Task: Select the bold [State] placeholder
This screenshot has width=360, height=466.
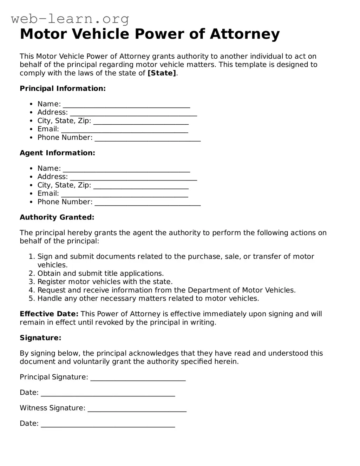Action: coord(162,73)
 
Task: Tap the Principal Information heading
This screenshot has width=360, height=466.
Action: coord(63,88)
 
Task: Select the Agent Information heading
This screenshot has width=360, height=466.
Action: coord(57,153)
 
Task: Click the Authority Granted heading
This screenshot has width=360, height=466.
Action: coord(57,217)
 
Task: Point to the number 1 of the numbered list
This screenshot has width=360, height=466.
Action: coord(31,257)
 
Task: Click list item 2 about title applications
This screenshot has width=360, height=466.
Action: coord(100,273)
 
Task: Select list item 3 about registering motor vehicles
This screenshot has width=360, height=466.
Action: coord(105,282)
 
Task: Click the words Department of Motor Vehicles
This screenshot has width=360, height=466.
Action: coord(241,290)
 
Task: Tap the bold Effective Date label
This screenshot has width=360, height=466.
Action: coord(49,314)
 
